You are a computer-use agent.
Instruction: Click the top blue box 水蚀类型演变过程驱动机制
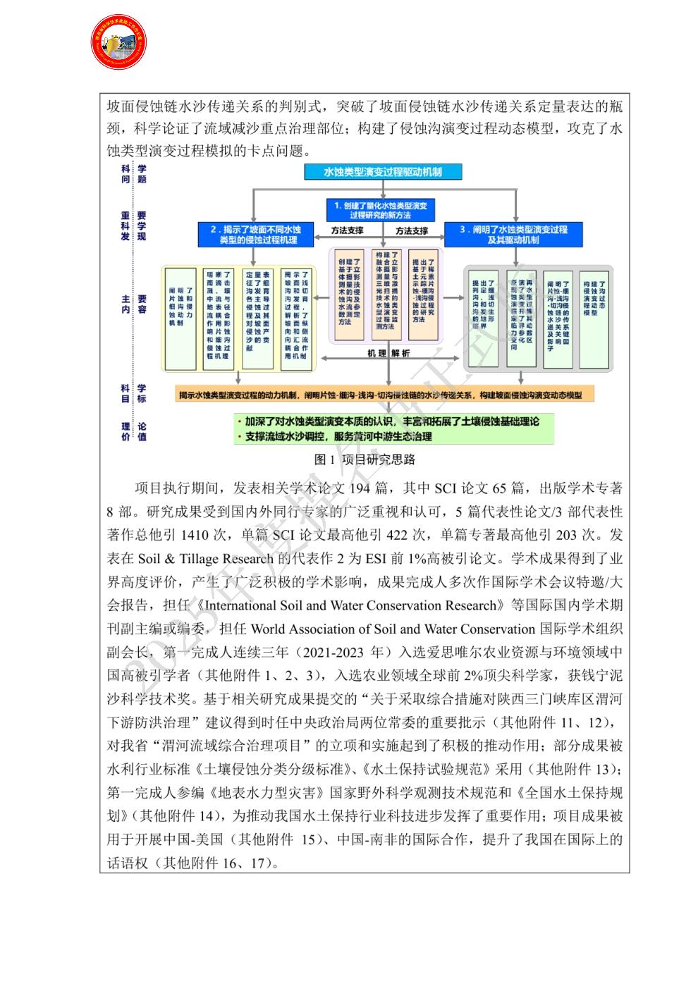(x=383, y=171)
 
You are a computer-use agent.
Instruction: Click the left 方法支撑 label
(x=348, y=230)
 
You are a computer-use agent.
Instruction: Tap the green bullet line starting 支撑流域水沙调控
(x=338, y=436)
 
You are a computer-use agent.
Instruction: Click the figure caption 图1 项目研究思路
(x=365, y=460)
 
